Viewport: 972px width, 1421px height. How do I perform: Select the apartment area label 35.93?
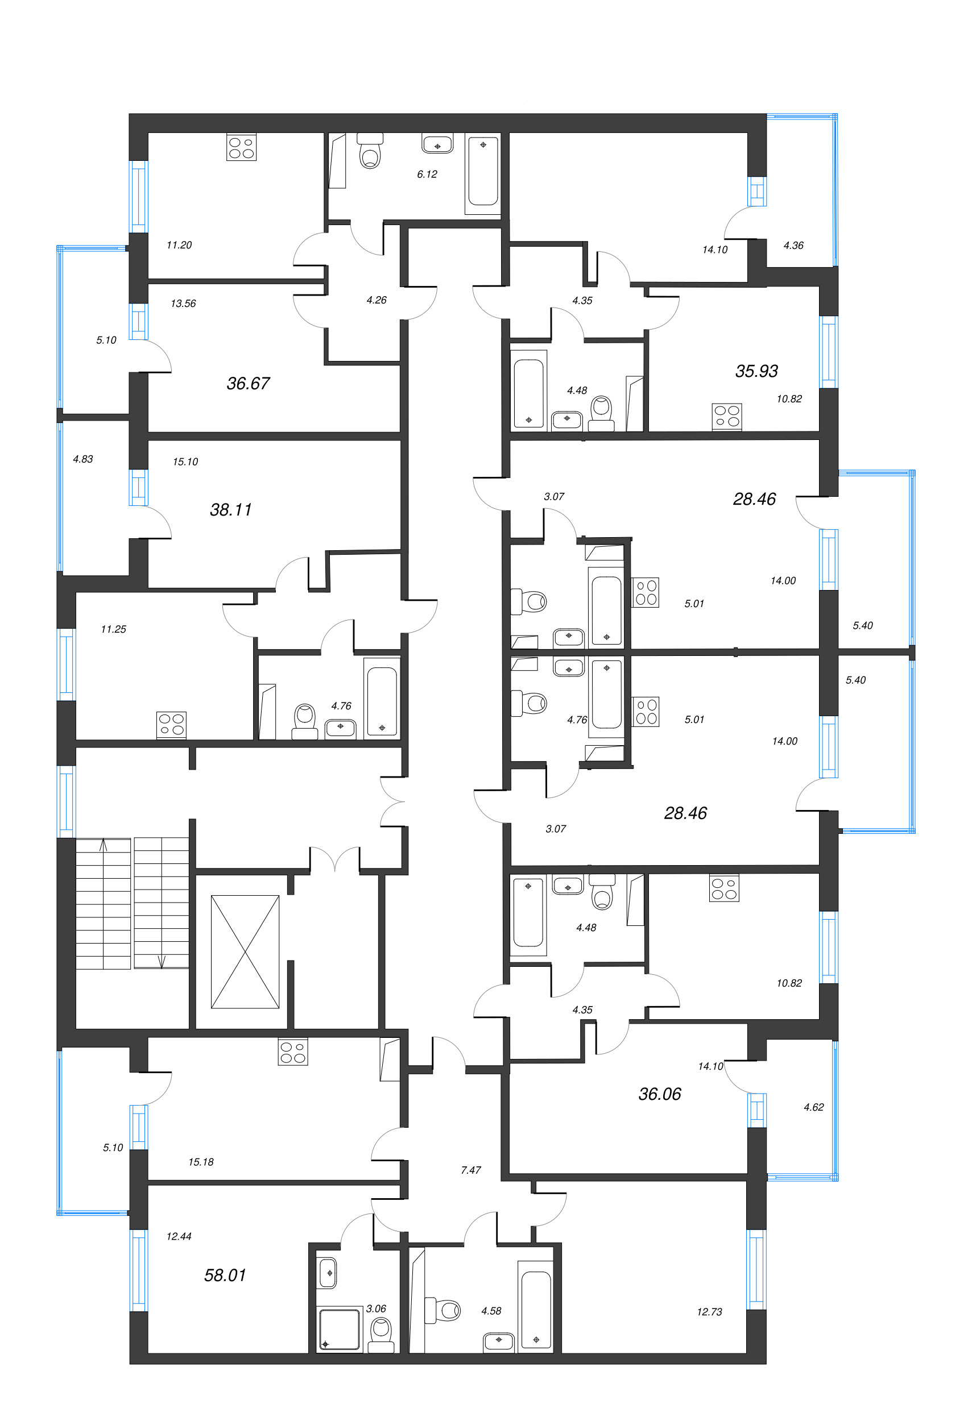click(756, 371)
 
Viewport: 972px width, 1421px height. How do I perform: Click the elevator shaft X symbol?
click(245, 952)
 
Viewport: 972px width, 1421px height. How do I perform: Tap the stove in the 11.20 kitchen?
click(241, 147)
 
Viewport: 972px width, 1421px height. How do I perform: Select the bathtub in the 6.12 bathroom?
click(483, 172)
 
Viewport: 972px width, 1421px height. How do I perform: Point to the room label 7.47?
click(470, 1170)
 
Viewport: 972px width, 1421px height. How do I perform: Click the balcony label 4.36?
click(793, 246)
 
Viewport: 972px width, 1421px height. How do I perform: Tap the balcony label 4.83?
click(83, 459)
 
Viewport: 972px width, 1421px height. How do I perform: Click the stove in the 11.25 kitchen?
click(171, 725)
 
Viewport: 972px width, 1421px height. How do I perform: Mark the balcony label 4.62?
click(813, 1107)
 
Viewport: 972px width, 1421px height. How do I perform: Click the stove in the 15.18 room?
click(293, 1052)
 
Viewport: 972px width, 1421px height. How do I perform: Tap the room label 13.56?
click(183, 304)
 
